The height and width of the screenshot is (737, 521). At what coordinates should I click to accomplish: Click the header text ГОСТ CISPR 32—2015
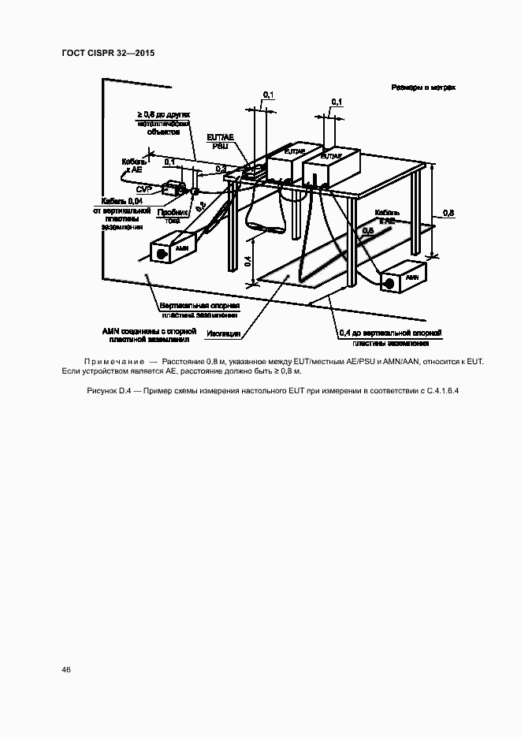pyautogui.click(x=107, y=53)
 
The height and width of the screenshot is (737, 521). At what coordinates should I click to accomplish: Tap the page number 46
pyautogui.click(x=65, y=670)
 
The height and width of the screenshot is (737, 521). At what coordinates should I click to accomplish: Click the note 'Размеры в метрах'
pyautogui.click(x=422, y=88)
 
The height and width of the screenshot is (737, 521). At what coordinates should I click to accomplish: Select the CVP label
pyautogui.click(x=144, y=190)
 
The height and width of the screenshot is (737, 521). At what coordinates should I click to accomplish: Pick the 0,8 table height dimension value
pyautogui.click(x=448, y=213)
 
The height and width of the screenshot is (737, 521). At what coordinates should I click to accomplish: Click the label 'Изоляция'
pyautogui.click(x=225, y=333)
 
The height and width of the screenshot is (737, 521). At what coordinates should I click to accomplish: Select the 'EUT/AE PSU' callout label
pyautogui.click(x=220, y=141)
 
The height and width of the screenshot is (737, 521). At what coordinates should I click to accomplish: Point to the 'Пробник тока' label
pyautogui.click(x=173, y=217)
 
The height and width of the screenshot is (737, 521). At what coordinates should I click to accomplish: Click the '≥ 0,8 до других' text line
pyautogui.click(x=164, y=115)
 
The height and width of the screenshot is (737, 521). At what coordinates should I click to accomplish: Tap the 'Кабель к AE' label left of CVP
pyautogui.click(x=132, y=164)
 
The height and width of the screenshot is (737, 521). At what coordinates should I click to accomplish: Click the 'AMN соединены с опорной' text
pyautogui.click(x=146, y=331)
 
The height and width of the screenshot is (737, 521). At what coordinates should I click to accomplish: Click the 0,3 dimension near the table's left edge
pyautogui.click(x=220, y=169)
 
